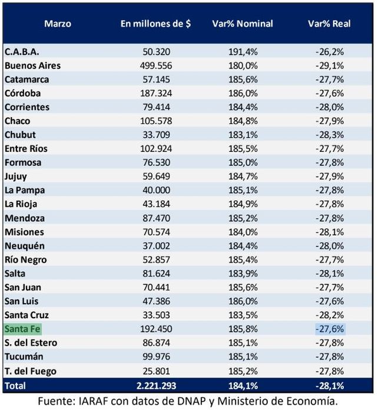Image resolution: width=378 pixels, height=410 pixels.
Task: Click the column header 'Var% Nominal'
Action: (242, 24)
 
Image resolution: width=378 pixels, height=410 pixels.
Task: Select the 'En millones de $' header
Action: (155, 24)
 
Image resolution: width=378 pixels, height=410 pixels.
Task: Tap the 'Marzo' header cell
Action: (57, 24)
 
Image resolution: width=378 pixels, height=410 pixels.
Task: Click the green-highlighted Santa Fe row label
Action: (22, 329)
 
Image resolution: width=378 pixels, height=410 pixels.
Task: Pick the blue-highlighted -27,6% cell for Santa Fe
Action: (330, 329)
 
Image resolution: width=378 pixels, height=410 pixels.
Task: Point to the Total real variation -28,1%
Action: (330, 385)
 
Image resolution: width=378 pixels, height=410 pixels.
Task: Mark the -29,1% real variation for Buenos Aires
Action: (330, 65)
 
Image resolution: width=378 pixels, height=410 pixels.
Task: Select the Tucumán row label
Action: (24, 356)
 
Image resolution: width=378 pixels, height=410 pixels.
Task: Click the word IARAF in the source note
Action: (109, 401)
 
